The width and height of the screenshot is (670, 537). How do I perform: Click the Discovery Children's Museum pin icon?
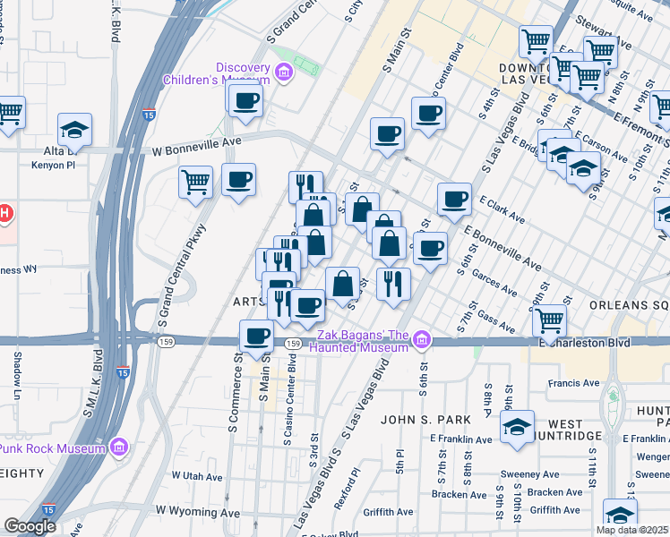285,72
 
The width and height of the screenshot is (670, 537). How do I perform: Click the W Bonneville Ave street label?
197,141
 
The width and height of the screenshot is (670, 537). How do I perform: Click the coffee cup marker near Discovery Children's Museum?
245,100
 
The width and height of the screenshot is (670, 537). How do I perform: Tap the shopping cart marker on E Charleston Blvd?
549,320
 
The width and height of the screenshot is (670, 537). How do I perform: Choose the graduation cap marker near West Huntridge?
517,427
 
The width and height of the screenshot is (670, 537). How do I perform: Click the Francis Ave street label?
574,383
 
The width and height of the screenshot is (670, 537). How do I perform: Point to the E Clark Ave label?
502,210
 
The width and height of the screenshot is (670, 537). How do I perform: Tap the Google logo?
30,526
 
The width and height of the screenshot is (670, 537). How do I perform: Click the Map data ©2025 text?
631,530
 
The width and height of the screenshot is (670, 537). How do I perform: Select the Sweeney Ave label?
531,474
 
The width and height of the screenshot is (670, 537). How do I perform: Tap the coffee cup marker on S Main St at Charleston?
256,337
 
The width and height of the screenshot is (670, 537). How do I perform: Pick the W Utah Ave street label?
195,475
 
